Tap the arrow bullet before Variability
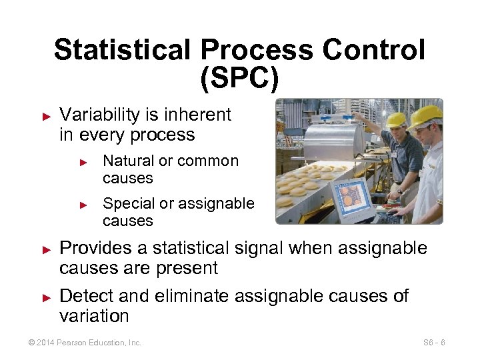(x=46, y=115)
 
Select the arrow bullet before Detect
(x=46, y=296)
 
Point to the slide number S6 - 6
(x=433, y=343)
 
